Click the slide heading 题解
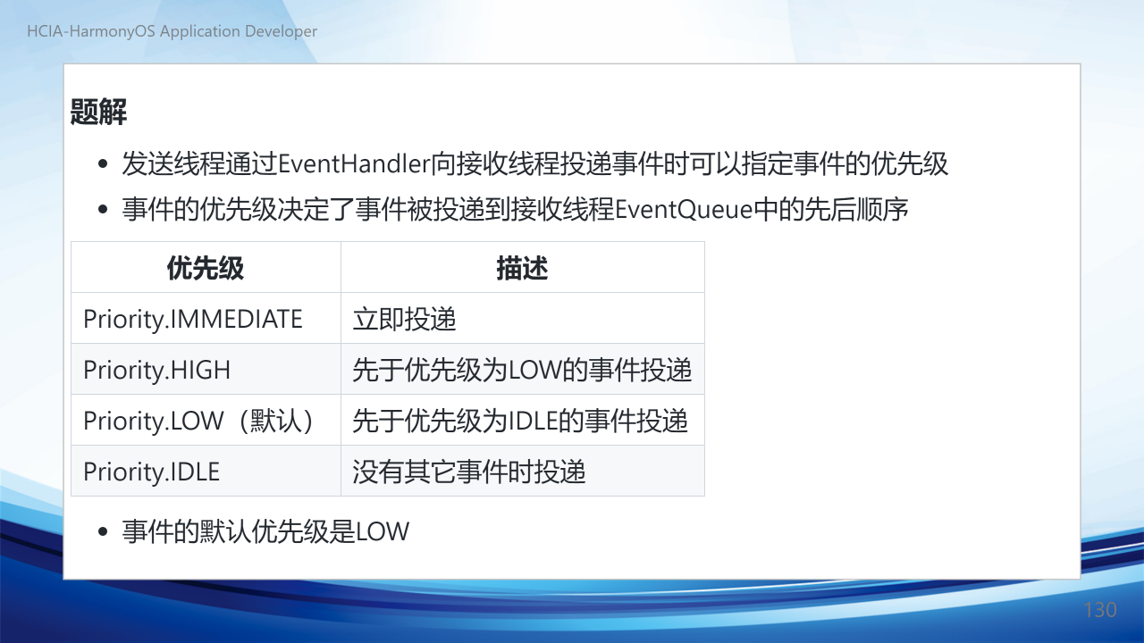tap(98, 112)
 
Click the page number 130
tap(1100, 610)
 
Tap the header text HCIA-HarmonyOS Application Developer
tap(172, 31)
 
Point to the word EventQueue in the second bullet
tap(684, 210)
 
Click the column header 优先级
tap(206, 268)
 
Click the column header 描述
tap(522, 268)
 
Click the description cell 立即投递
tap(404, 319)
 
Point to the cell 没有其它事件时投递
tap(469, 472)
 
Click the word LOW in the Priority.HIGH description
tap(534, 370)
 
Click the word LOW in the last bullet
tap(382, 531)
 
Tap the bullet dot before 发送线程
tap(103, 163)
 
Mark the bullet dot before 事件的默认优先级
tap(103, 531)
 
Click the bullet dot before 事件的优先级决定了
tap(103, 209)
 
